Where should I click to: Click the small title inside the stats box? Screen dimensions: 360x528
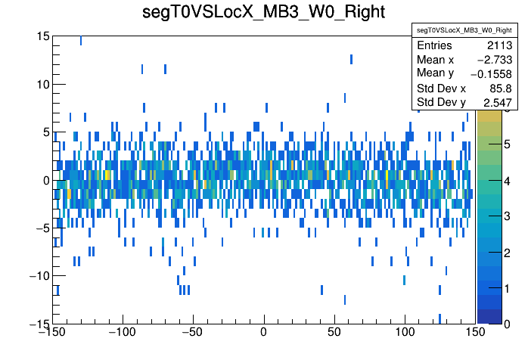click(x=443, y=30)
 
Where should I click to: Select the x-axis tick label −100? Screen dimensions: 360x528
click(x=123, y=332)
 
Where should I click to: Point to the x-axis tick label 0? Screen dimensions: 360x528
click(x=264, y=332)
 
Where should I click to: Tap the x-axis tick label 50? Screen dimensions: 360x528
click(x=334, y=332)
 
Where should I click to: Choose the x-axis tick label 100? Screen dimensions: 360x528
click(x=405, y=332)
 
